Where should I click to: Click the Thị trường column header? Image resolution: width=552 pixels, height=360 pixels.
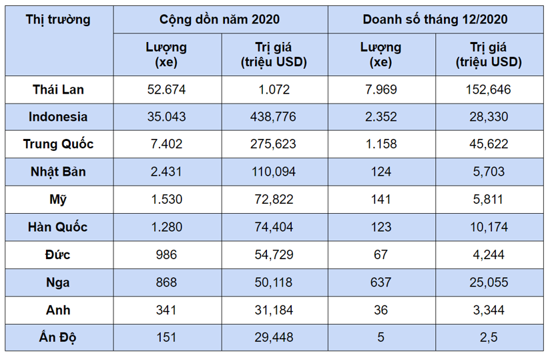(x=58, y=19)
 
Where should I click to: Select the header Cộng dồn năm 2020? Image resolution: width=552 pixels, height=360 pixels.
(x=220, y=19)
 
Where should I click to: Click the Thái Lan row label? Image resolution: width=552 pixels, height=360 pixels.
(x=58, y=89)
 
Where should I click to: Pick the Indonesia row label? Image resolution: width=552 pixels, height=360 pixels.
(x=58, y=117)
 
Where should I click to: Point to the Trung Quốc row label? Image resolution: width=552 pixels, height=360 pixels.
(x=58, y=144)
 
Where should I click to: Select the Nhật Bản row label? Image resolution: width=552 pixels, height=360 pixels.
(x=58, y=172)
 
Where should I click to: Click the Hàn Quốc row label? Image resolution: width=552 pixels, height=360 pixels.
(x=58, y=227)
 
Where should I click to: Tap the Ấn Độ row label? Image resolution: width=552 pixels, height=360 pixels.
(x=58, y=337)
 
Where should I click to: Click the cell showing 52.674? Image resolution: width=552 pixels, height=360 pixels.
(x=166, y=89)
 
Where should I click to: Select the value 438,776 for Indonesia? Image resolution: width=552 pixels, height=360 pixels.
(x=274, y=117)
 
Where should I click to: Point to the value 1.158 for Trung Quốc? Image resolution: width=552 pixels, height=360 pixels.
(x=381, y=144)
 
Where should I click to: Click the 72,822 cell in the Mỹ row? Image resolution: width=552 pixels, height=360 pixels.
(x=274, y=200)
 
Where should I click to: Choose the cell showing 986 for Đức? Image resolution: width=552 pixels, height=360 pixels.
(x=166, y=254)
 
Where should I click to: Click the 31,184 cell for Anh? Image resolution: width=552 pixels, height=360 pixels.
(x=274, y=310)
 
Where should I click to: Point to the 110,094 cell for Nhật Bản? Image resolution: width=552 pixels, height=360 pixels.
(x=274, y=172)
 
